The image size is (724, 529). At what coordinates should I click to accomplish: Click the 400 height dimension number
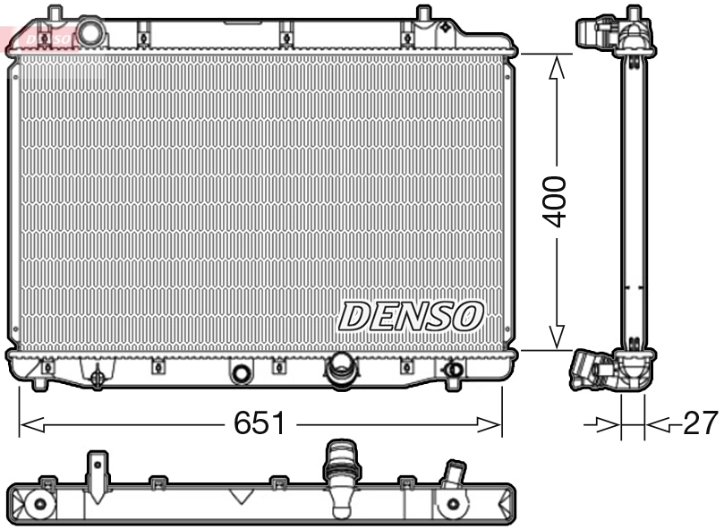pyautogui.click(x=556, y=201)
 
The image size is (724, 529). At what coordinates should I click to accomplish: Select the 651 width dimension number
pyautogui.click(x=260, y=423)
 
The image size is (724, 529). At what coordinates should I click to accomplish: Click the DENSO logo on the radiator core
pyautogui.click(x=412, y=315)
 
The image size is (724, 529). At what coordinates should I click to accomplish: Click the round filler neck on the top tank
pyautogui.click(x=91, y=32)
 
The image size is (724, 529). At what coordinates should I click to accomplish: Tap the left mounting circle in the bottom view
pyautogui.click(x=39, y=505)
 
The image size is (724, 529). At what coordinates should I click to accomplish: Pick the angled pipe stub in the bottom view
pyautogui.click(x=454, y=472)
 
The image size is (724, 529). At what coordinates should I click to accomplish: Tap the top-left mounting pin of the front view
pyautogui.click(x=55, y=15)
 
